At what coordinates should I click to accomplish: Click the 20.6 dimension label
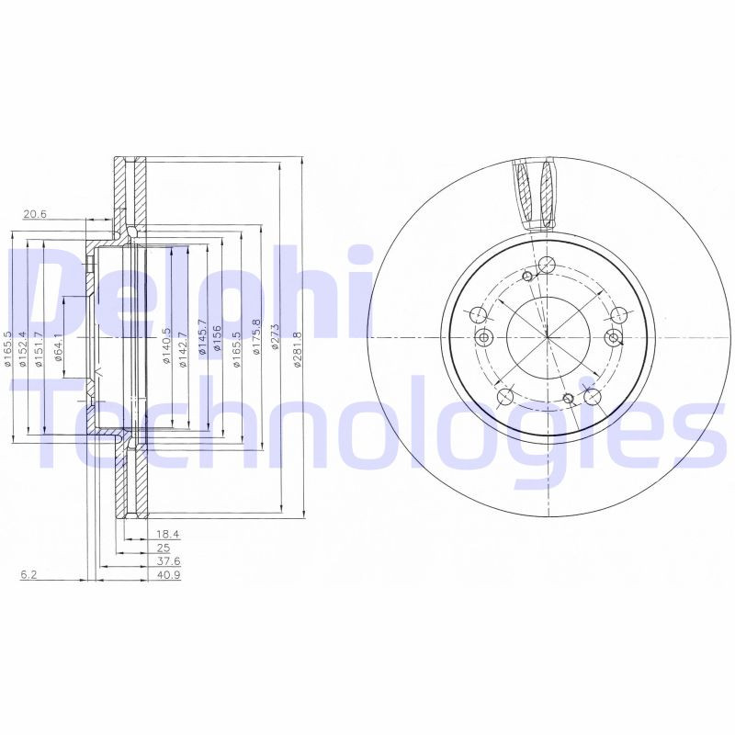point(35,215)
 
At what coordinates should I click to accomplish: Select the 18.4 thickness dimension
point(167,533)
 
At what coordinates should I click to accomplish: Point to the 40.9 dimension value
point(168,575)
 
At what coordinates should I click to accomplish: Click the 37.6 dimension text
point(168,561)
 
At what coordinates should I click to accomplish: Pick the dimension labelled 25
point(164,548)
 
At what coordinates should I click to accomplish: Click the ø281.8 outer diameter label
point(297,350)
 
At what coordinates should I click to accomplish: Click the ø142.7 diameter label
point(183,348)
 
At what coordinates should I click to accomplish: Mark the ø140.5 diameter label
point(166,346)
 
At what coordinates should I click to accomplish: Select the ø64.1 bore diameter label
point(58,347)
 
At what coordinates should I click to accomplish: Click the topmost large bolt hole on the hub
point(547,266)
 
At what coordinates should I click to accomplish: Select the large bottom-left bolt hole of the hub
point(504,397)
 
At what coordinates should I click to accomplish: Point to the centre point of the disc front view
point(548,337)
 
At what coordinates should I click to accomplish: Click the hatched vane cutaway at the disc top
point(536,194)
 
